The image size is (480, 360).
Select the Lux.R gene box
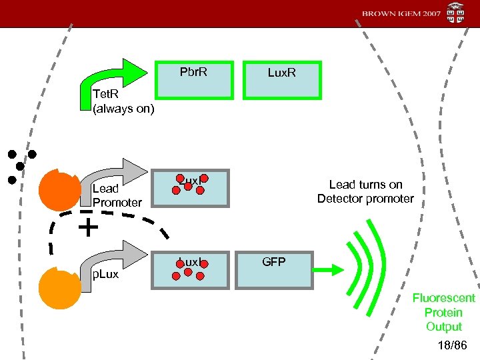pyautogui.click(x=281, y=81)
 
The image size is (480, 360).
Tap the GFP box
pyautogui.click(x=274, y=271)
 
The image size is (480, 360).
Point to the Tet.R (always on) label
pyautogui.click(x=123, y=102)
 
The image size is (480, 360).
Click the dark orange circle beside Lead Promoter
pyautogui.click(x=59, y=190)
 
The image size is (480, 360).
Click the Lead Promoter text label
pyautogui.click(x=117, y=195)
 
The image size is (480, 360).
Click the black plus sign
pyautogui.click(x=87, y=229)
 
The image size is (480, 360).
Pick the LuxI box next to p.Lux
pyautogui.click(x=189, y=271)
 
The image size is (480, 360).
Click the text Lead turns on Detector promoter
pyautogui.click(x=365, y=191)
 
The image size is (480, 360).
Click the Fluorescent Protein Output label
pyautogui.click(x=443, y=312)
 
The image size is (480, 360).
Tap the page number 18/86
pyautogui.click(x=453, y=345)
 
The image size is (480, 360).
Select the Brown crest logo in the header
pyautogui.click(x=456, y=13)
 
